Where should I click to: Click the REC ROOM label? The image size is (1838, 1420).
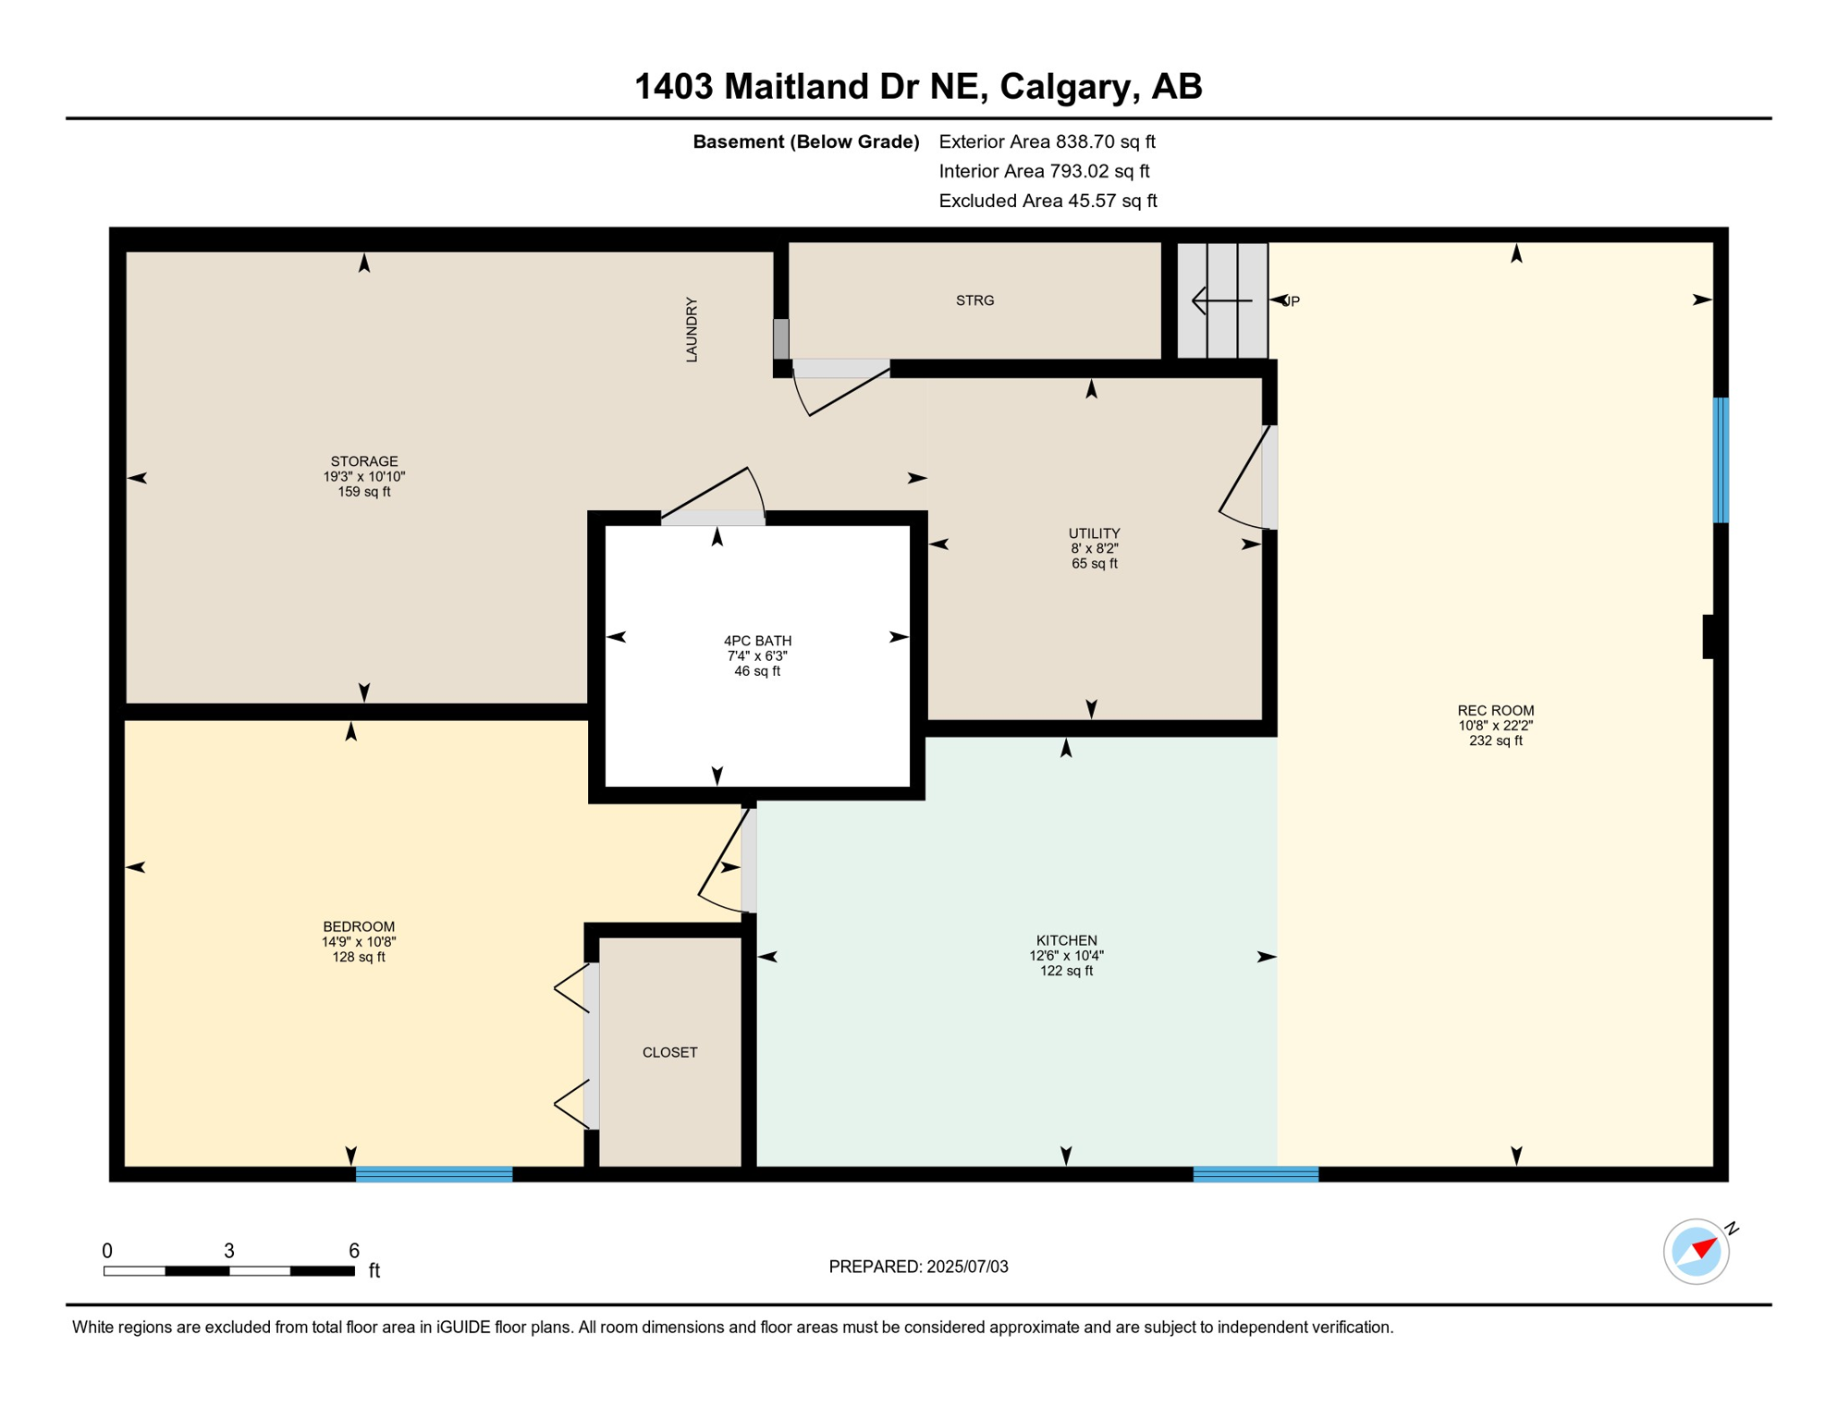(x=1495, y=710)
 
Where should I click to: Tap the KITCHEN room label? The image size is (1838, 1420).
(x=1066, y=940)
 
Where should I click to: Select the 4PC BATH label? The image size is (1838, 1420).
(x=757, y=641)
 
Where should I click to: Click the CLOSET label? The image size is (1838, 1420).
(x=669, y=1052)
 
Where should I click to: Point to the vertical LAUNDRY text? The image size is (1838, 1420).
(x=692, y=329)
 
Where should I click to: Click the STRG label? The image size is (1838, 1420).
(x=974, y=300)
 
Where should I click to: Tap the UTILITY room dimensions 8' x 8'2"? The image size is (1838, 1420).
(x=1094, y=548)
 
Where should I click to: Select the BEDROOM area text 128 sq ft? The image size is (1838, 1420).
(x=359, y=957)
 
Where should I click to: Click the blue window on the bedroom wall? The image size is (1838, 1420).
(x=434, y=1174)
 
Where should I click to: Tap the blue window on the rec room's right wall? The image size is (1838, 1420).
(x=1720, y=459)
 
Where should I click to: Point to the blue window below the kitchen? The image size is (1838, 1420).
(x=1255, y=1174)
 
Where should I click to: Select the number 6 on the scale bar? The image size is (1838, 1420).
(x=353, y=1251)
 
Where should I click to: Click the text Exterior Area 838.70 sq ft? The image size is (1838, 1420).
(x=1047, y=141)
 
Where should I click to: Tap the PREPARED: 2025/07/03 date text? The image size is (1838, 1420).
(x=918, y=1267)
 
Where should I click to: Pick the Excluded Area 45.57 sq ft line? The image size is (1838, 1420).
(x=1047, y=201)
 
